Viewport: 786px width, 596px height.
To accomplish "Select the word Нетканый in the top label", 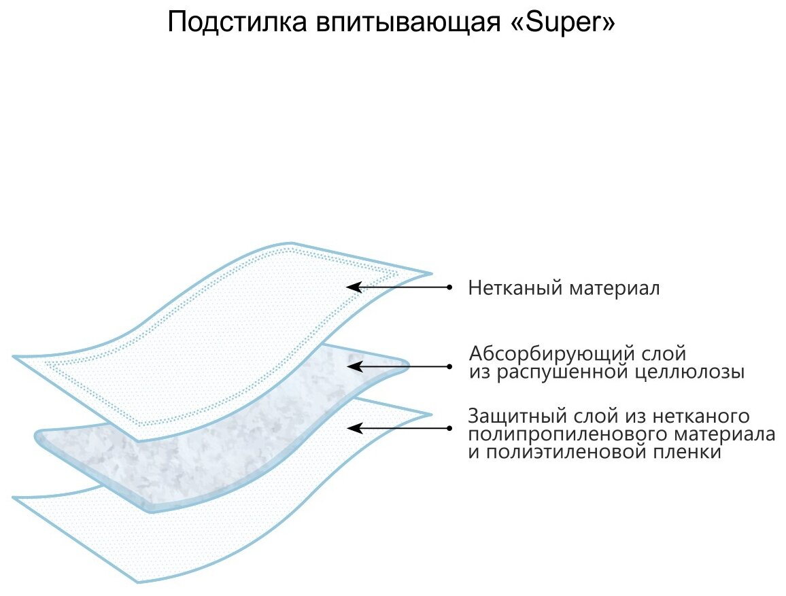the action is (510, 288).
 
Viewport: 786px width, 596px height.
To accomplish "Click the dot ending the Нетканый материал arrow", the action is (449, 287).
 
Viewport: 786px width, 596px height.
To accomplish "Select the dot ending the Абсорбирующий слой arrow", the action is (449, 366).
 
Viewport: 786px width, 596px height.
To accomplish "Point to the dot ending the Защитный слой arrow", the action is (449, 428).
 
